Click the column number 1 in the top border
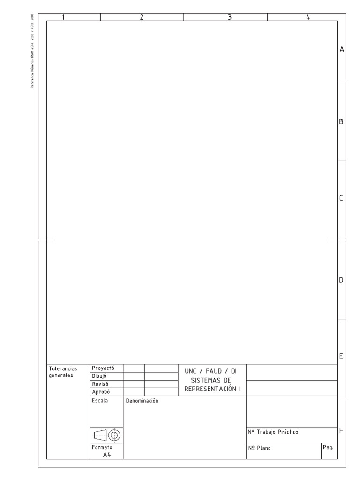[63, 17]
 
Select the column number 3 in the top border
[229, 17]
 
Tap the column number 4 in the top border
[308, 17]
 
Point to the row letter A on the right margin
[342, 49]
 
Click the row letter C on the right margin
[341, 198]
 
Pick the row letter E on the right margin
[341, 356]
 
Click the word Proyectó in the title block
[103, 368]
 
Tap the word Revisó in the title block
[101, 384]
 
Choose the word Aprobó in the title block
[101, 392]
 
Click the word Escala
[100, 401]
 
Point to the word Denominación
[142, 401]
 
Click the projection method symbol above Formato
[107, 435]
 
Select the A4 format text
[107, 454]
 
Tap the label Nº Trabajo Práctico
[273, 432]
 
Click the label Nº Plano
[259, 448]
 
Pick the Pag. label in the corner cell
[328, 448]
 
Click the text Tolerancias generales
[63, 372]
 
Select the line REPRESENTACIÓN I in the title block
[212, 389]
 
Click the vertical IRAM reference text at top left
[32, 56]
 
